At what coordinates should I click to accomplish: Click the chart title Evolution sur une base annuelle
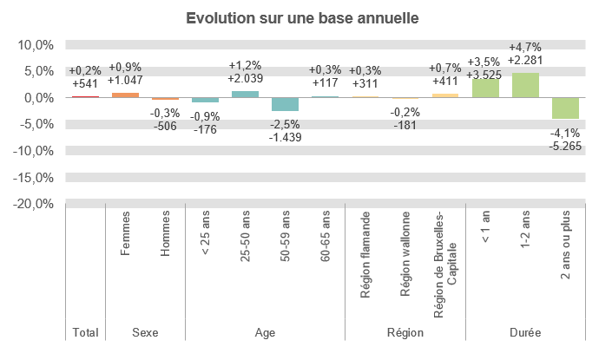tap(306, 18)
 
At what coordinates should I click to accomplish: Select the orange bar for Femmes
tap(125, 95)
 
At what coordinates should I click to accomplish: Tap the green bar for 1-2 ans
tap(525, 85)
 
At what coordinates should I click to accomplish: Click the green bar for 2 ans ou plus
tap(565, 108)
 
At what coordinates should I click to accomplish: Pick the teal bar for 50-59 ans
tap(285, 104)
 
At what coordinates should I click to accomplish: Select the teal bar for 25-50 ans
tap(245, 94)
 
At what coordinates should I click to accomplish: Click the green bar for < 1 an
tap(485, 88)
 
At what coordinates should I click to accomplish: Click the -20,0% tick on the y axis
tap(33, 204)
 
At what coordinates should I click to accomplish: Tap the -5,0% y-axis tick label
tap(35, 124)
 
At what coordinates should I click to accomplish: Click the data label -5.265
tap(565, 147)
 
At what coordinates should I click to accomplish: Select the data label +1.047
tap(125, 80)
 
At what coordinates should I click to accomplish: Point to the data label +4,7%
tap(525, 47)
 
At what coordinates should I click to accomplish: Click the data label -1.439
tap(285, 138)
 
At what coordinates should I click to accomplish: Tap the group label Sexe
tap(145, 332)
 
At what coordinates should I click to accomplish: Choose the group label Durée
tap(525, 332)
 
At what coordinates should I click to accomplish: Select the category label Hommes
tap(165, 239)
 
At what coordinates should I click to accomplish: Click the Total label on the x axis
tap(85, 332)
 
